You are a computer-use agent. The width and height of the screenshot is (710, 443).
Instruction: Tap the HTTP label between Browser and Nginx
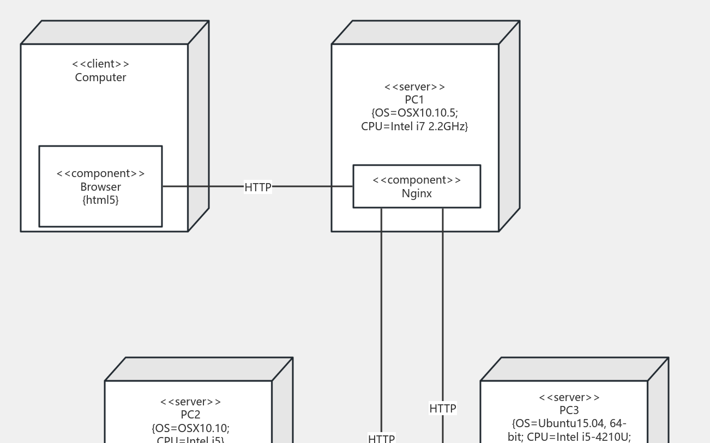pyautogui.click(x=258, y=187)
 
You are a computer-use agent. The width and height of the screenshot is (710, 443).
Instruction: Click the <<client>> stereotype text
pyautogui.click(x=101, y=64)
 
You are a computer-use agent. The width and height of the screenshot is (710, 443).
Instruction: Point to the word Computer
pyautogui.click(x=101, y=77)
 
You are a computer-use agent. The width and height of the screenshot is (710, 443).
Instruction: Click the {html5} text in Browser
pyautogui.click(x=101, y=200)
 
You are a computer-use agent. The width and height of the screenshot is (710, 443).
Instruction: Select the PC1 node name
pyautogui.click(x=414, y=100)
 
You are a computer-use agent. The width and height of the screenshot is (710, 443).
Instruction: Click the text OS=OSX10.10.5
pyautogui.click(x=414, y=113)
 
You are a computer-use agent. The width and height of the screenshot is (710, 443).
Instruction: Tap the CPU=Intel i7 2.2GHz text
pyautogui.click(x=414, y=126)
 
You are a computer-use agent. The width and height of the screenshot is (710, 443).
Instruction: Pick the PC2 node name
pyautogui.click(x=191, y=415)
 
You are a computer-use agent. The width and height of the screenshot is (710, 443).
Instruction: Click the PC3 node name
pyautogui.click(x=569, y=410)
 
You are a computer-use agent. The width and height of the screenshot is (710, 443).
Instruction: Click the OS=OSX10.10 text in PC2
pyautogui.click(x=191, y=428)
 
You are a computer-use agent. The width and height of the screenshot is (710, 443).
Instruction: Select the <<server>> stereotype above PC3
pyautogui.click(x=569, y=397)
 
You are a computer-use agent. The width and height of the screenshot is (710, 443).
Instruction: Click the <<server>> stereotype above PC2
pyautogui.click(x=191, y=402)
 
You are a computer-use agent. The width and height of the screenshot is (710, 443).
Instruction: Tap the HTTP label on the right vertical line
pyautogui.click(x=443, y=408)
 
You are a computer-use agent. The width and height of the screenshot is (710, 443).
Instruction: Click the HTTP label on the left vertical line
pyautogui.click(x=382, y=439)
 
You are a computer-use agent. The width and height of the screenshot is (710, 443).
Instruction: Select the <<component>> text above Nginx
pyautogui.click(x=417, y=180)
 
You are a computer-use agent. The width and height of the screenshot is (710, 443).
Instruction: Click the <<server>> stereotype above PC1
pyautogui.click(x=414, y=87)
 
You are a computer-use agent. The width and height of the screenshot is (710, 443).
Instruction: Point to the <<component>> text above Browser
pyautogui.click(x=101, y=173)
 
